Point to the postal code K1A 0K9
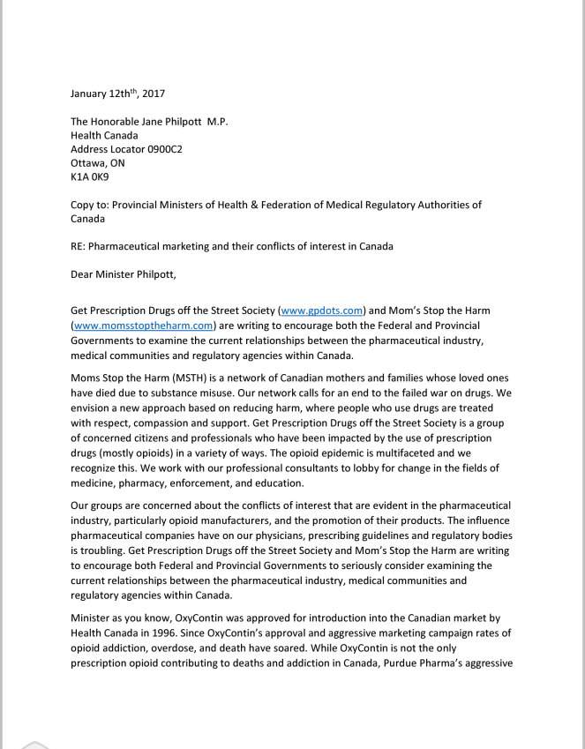coord(90,177)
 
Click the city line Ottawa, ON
coord(97,163)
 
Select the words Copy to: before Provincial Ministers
coord(93,205)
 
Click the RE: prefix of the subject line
coord(80,246)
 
